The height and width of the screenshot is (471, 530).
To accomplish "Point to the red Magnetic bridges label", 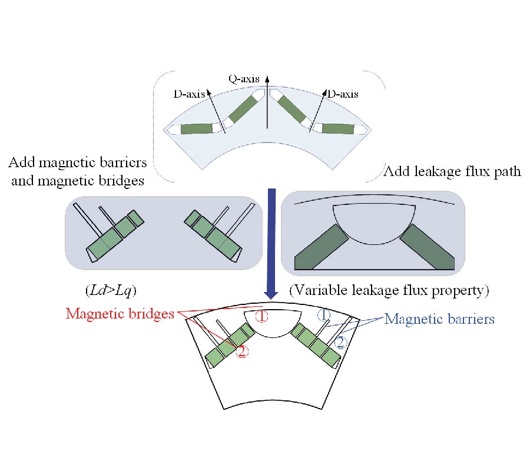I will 120,314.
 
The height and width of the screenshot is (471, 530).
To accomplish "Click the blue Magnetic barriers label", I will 439,319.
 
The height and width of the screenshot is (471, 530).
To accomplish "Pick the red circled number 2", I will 241,353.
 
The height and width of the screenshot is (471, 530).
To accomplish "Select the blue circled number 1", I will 324,316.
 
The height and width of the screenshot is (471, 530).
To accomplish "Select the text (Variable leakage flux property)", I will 390,290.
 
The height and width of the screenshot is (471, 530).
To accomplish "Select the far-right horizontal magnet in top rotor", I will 337,129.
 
